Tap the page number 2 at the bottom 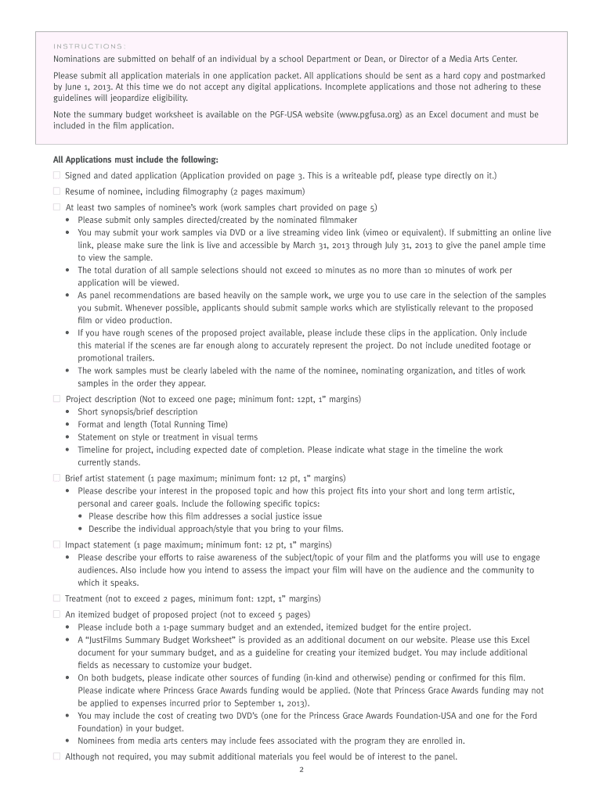pos(301,770)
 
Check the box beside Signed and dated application pos(56,176)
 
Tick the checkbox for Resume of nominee pos(56,192)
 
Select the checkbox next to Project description pos(56,399)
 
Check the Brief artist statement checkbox pos(56,477)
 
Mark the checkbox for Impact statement pos(56,544)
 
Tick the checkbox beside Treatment pos(56,598)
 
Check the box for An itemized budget pos(56,614)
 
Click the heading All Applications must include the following pos(135,160)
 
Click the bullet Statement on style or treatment pos(167,437)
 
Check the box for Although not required pos(56,756)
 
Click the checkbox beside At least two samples pos(56,207)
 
